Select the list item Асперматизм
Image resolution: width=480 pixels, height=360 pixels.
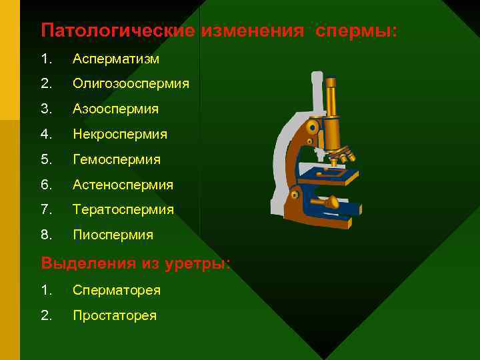click(116, 59)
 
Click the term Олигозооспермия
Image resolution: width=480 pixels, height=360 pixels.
click(131, 84)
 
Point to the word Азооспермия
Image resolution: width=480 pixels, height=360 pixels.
click(116, 109)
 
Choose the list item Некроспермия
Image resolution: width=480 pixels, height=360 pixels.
click(120, 134)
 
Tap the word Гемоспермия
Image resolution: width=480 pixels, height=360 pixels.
click(117, 159)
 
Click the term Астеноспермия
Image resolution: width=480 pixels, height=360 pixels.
click(123, 185)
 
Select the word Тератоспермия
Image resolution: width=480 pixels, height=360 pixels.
click(123, 209)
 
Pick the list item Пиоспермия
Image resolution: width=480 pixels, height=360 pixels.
click(113, 235)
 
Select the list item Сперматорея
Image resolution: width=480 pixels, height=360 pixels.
click(117, 290)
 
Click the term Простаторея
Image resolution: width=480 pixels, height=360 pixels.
click(115, 315)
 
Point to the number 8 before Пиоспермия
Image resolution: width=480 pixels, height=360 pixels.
click(45, 235)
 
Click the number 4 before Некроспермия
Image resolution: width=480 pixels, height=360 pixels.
click(45, 134)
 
